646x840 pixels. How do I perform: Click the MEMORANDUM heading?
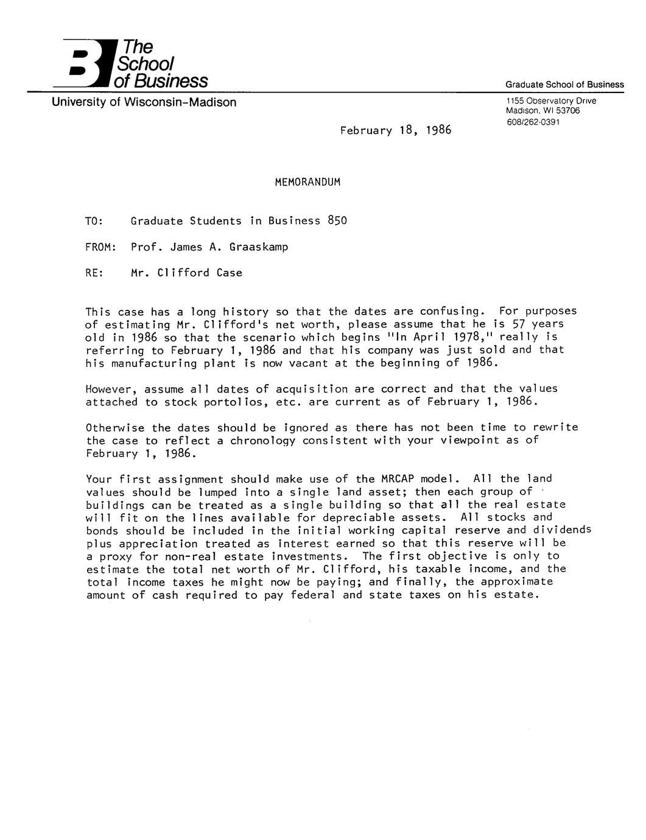click(x=307, y=182)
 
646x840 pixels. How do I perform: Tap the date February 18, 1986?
click(x=395, y=130)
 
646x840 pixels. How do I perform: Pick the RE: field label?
click(x=95, y=273)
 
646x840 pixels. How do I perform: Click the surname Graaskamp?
click(x=258, y=247)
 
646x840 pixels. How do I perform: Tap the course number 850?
click(x=337, y=221)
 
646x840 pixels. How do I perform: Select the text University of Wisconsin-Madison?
click(x=144, y=102)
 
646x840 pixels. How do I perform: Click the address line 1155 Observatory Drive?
click(x=550, y=100)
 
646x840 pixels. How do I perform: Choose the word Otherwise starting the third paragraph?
click(x=115, y=427)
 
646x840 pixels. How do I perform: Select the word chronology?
click(x=262, y=441)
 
